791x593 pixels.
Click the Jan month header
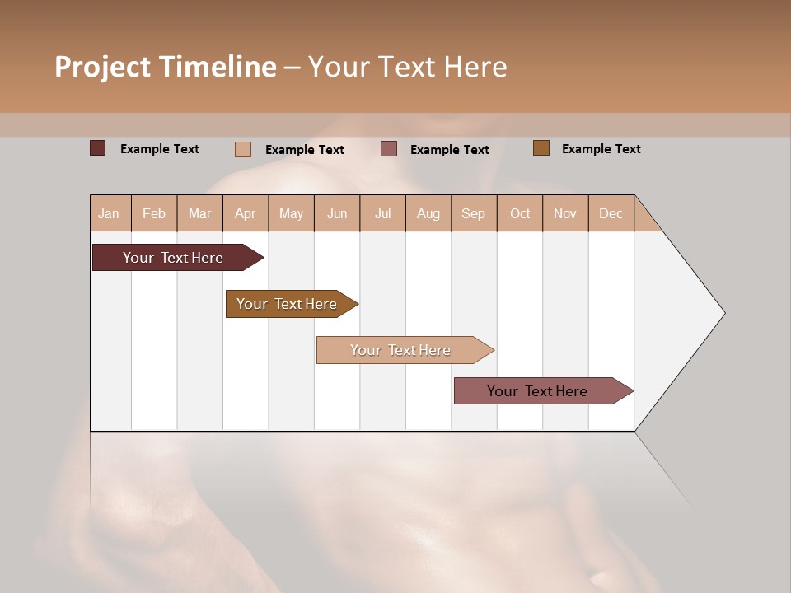pyautogui.click(x=110, y=213)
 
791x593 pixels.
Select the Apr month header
pyautogui.click(x=245, y=213)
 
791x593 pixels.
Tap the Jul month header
pyautogui.click(x=382, y=213)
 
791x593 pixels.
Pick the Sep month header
pyautogui.click(x=473, y=213)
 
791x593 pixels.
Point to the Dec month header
pyautogui.click(x=611, y=213)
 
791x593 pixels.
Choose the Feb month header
pyautogui.click(x=154, y=213)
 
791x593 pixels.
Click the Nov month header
pyautogui.click(x=564, y=213)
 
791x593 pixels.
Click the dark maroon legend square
pyautogui.click(x=97, y=148)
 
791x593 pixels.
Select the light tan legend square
pyautogui.click(x=243, y=149)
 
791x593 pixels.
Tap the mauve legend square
pyautogui.click(x=389, y=149)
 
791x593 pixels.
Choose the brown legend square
pyautogui.click(x=541, y=148)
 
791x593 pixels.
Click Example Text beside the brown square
pyautogui.click(x=601, y=149)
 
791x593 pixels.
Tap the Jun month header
pyautogui.click(x=337, y=213)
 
